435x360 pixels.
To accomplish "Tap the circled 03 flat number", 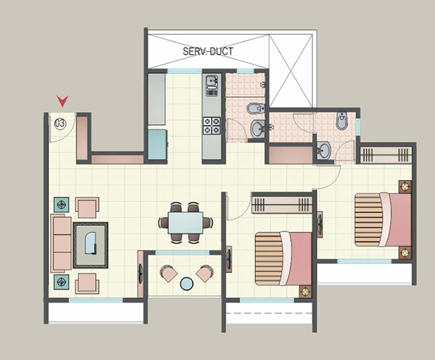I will click(x=60, y=123).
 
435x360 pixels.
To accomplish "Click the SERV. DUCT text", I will click(x=208, y=50).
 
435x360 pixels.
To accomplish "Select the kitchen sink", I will click(x=211, y=84).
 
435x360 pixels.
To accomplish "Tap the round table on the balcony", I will click(x=187, y=284).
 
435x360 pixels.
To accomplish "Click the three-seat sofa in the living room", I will click(x=61, y=241).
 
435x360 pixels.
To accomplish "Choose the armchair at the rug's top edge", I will click(x=87, y=208).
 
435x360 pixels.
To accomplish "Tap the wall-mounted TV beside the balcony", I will click(x=141, y=270).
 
